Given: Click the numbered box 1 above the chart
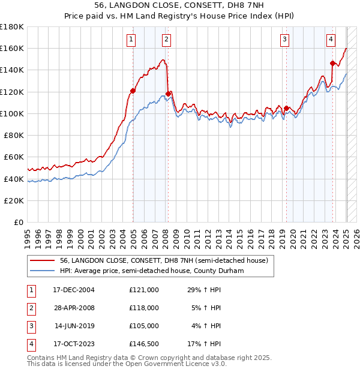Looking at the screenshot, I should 131,40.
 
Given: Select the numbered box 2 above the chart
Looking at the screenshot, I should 166,40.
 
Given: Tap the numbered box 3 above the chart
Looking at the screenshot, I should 284,40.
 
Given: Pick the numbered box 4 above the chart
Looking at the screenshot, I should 331,40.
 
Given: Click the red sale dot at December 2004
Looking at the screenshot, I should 133,91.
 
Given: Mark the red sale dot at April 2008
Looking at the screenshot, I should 168,94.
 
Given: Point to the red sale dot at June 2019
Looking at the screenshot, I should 286,108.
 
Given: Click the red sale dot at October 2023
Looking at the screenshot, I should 332,63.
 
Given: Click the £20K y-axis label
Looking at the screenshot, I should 14,200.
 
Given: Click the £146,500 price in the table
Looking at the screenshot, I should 144,344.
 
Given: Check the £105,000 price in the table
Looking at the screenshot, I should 144,326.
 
